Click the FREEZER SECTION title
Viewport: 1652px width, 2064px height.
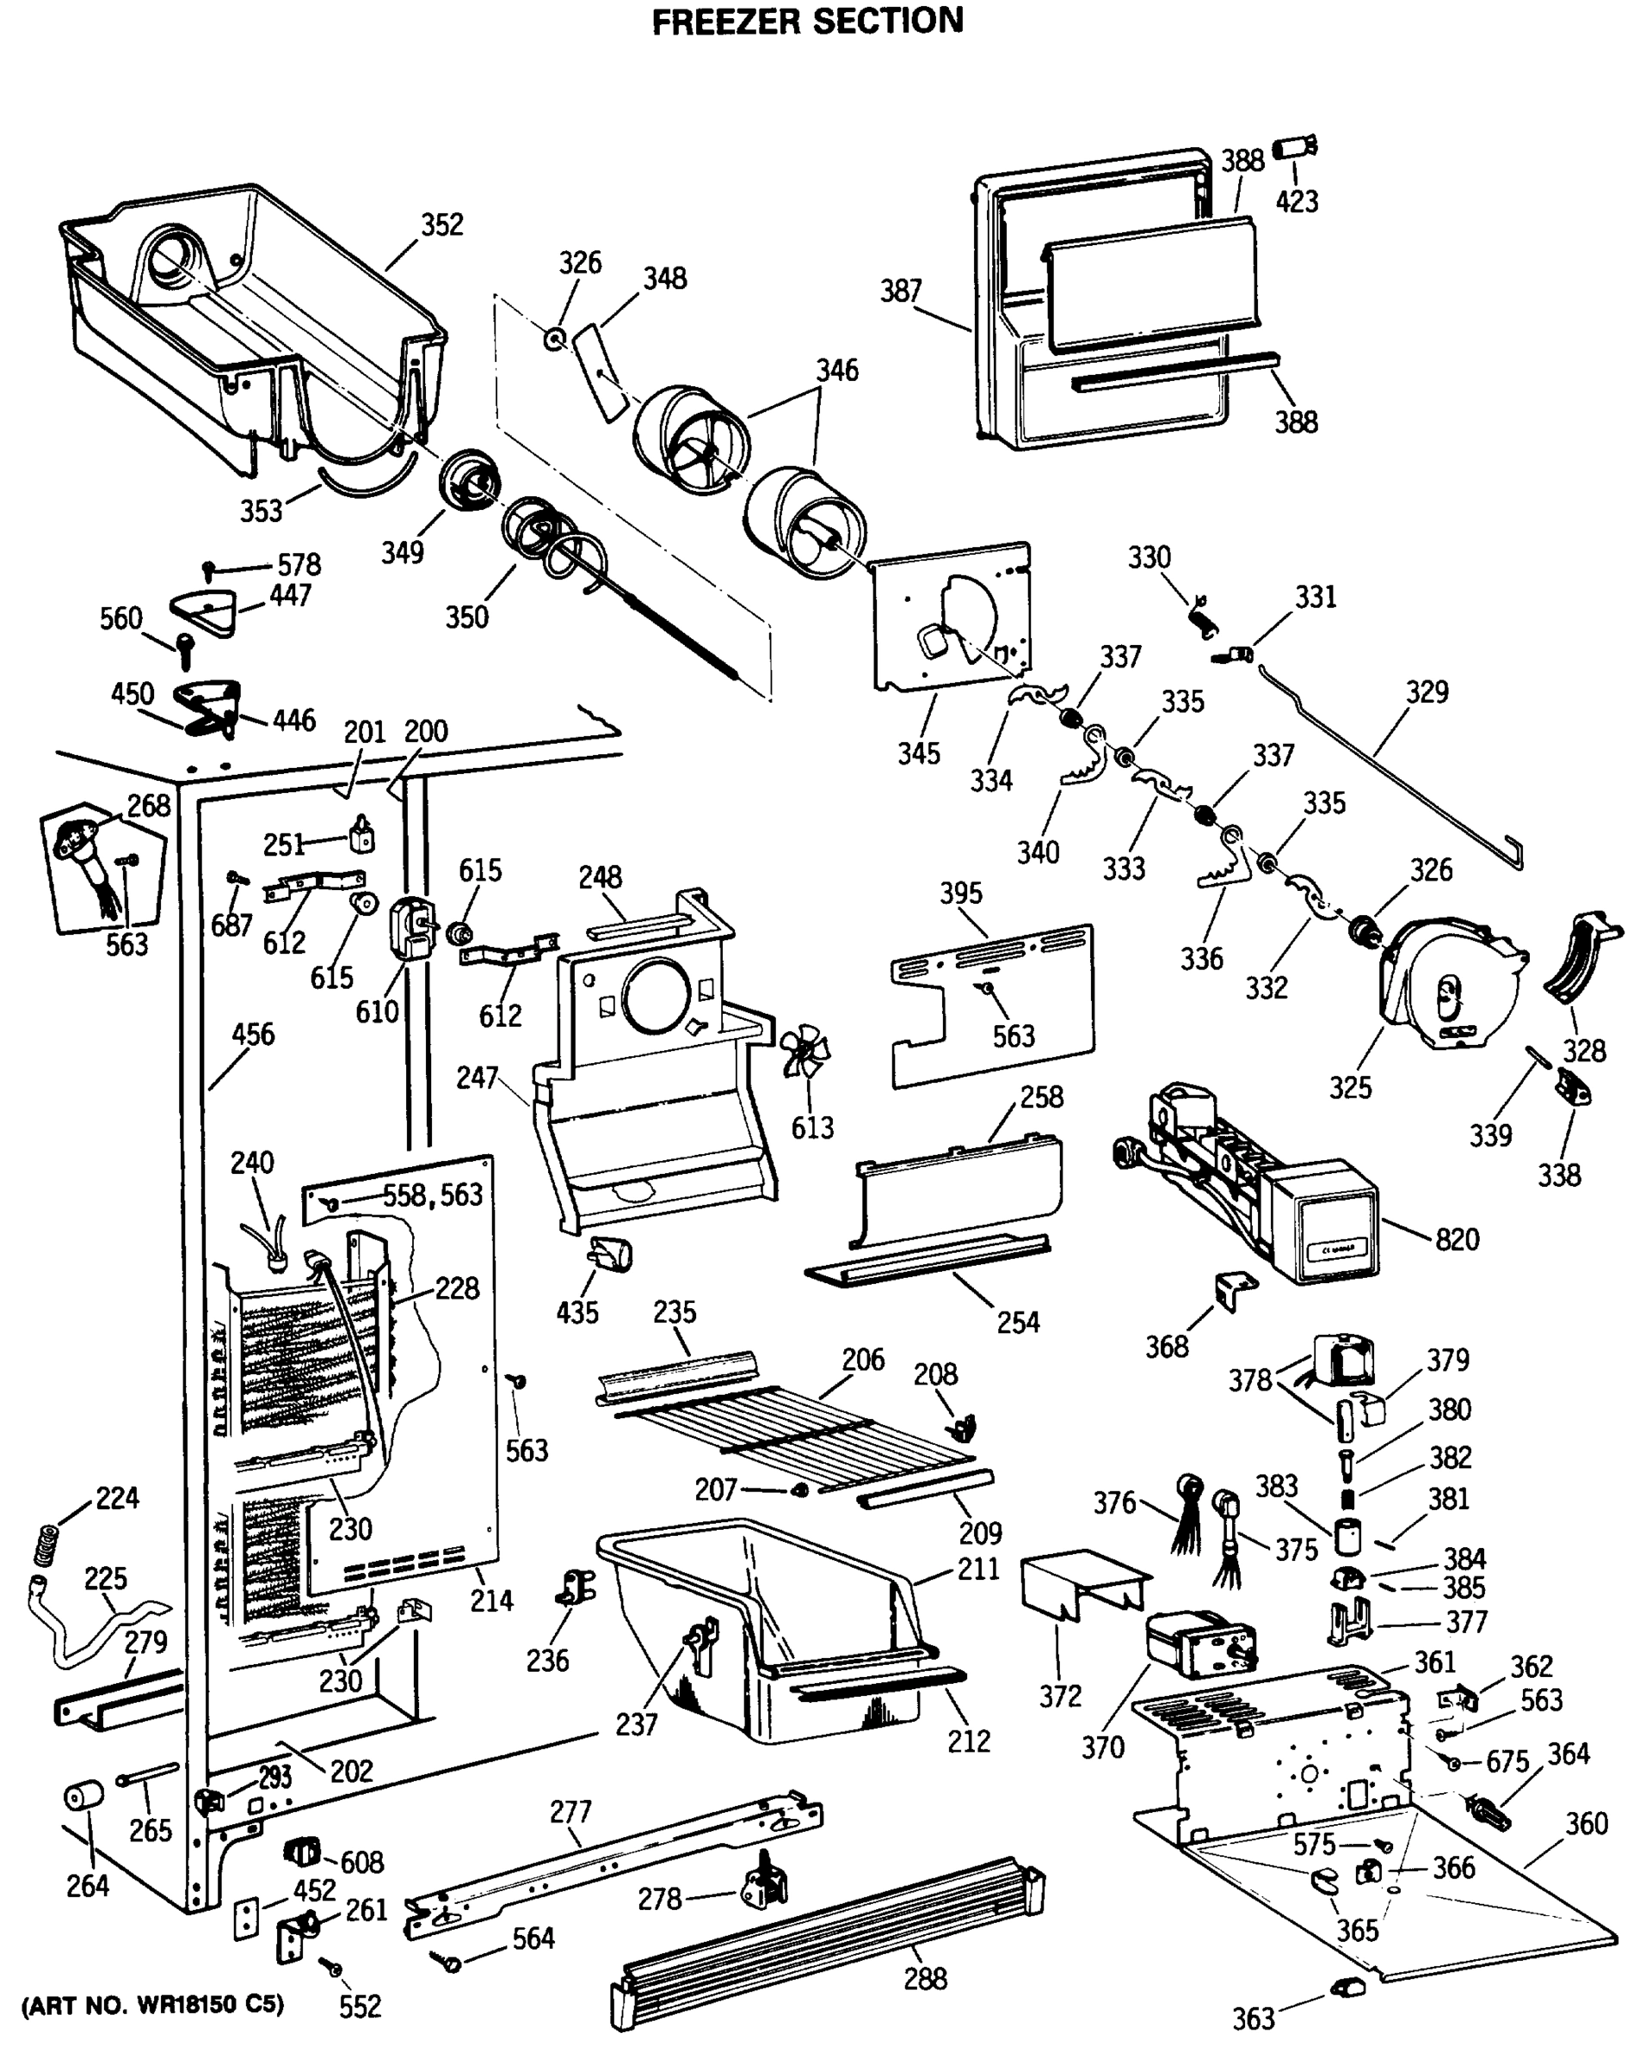click(x=807, y=21)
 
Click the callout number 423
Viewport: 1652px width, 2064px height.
click(x=1297, y=201)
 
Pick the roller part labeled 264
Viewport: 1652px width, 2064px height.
click(x=83, y=1797)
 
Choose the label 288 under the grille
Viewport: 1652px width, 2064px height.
click(x=925, y=1979)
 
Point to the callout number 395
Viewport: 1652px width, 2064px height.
click(x=960, y=894)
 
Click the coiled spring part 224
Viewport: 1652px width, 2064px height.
click(x=45, y=1542)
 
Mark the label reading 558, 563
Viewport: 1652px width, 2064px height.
click(x=433, y=1195)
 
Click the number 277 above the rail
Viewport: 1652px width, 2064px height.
click(x=570, y=1811)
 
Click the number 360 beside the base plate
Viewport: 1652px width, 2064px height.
click(x=1586, y=1824)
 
